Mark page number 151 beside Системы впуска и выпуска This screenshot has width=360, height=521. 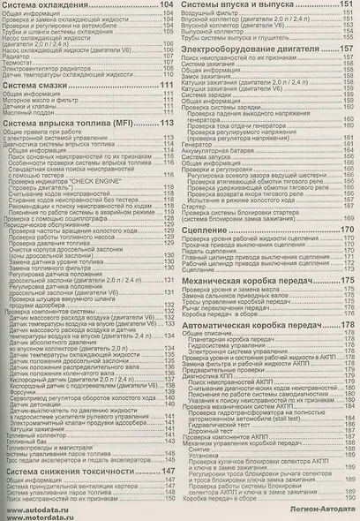coord(346,7)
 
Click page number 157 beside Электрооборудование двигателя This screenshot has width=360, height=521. coord(346,49)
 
